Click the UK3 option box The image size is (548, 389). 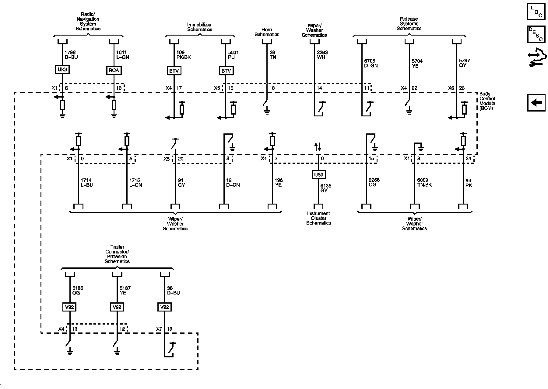[62, 70]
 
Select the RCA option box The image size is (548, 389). [114, 71]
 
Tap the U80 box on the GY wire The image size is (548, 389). [318, 175]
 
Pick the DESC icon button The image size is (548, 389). [536, 34]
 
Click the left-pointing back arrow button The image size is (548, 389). [536, 103]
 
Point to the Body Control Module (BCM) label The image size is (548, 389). [487, 101]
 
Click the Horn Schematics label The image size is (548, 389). [267, 32]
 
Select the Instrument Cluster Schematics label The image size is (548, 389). [318, 218]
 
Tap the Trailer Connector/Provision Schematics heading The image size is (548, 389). [117, 254]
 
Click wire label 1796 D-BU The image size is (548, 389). [71, 55]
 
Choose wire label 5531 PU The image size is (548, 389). [233, 55]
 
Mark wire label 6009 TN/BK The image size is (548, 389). [424, 182]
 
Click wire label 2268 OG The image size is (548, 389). [374, 182]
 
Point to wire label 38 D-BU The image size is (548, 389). [173, 291]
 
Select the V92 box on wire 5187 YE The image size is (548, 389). [117, 307]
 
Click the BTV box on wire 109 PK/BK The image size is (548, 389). [174, 71]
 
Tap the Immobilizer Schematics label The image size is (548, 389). [199, 27]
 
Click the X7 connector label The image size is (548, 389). [159, 329]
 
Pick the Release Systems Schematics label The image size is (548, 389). [409, 24]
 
